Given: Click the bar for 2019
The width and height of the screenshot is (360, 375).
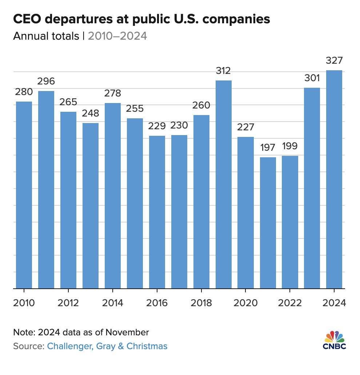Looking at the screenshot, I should coord(223,184).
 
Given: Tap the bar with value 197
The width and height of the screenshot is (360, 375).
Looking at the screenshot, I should coord(268,222).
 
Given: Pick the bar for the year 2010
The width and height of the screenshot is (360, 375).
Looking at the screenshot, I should coord(24,195).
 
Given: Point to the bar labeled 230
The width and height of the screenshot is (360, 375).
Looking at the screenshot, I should coord(179,212).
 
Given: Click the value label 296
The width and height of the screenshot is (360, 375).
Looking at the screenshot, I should coord(46,81).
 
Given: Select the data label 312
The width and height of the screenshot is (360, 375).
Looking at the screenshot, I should coord(223,70).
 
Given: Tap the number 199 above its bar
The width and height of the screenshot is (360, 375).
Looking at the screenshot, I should coord(290,146).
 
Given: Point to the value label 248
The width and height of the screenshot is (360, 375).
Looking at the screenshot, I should coord(90,113).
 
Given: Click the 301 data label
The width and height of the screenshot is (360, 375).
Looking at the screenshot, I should coord(312,78).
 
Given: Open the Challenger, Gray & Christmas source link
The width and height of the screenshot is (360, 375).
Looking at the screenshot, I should coord(107,346).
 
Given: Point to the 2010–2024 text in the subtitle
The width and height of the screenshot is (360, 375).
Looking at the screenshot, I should coord(117,36).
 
